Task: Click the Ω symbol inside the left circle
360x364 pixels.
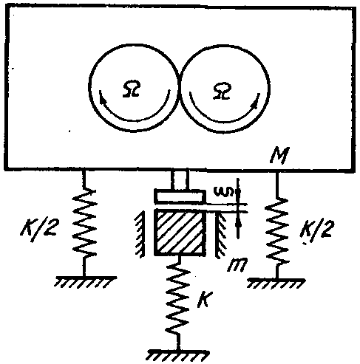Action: click(132, 88)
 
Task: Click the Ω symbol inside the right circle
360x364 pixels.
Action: click(223, 91)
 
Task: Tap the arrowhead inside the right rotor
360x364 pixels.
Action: click(255, 103)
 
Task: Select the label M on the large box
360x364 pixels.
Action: click(279, 156)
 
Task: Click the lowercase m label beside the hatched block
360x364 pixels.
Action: click(237, 265)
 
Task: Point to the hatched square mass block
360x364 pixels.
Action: click(180, 232)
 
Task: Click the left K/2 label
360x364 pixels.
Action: click(38, 230)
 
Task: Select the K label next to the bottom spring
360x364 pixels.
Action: click(204, 299)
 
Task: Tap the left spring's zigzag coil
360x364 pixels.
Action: click(84, 222)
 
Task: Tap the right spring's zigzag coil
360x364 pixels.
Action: click(276, 230)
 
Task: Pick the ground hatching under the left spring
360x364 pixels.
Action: click(85, 281)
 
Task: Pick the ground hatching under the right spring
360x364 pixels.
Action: click(276, 283)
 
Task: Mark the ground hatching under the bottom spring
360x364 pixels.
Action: click(178, 355)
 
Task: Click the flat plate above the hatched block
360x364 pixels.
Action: click(180, 196)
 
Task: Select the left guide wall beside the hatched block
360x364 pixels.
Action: click(140, 234)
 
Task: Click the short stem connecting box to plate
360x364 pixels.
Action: click(181, 179)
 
